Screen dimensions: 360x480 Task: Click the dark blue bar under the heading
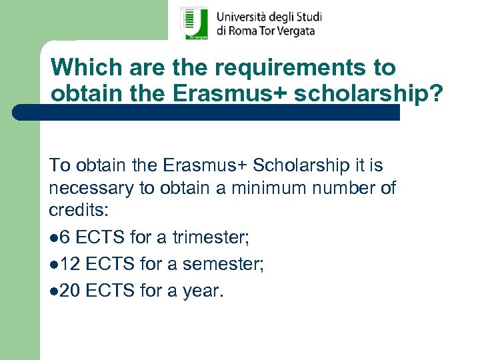pos(207,112)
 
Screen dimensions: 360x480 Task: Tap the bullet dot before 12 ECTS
pos(53,265)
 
